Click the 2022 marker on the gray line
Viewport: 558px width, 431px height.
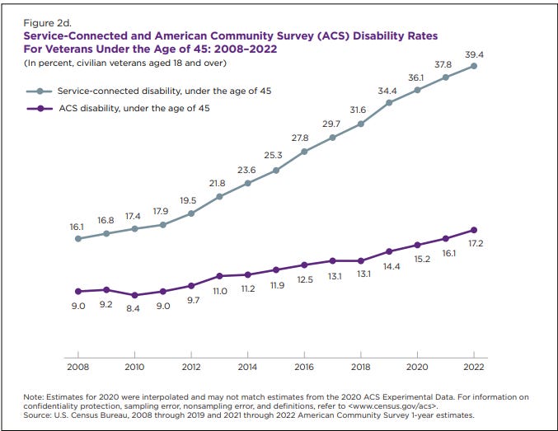[475, 66]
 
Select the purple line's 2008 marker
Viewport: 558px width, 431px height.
[78, 291]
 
